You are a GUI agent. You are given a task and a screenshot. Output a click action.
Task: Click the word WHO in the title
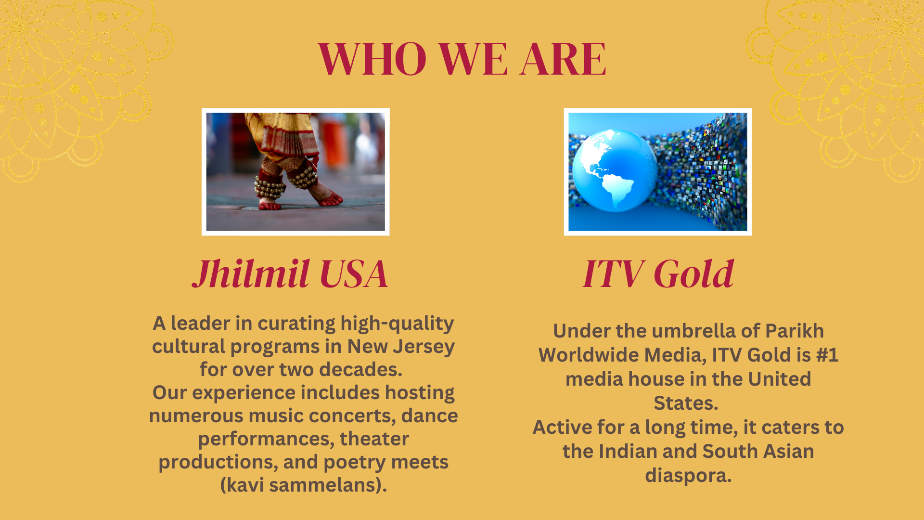[372, 59]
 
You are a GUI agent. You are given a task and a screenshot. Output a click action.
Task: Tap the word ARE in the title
[563, 59]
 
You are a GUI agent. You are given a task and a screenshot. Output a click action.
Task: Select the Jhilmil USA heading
[290, 273]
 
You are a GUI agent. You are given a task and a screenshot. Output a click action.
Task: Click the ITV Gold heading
[658, 273]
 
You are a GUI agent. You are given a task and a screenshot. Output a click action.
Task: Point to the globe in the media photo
[614, 171]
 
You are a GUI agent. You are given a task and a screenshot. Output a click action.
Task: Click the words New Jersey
[401, 346]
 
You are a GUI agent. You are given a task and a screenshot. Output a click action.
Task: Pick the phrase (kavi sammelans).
[304, 485]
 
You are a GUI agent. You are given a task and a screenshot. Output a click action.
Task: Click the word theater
[374, 439]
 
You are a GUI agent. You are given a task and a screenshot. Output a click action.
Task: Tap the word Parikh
[794, 331]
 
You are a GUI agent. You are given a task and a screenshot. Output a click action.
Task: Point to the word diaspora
[688, 476]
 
